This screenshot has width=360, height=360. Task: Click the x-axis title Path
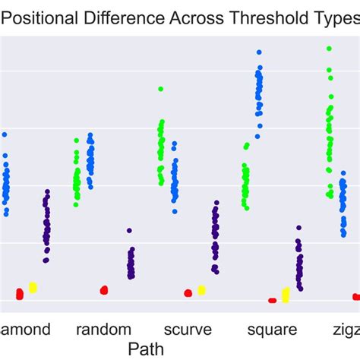(144, 349)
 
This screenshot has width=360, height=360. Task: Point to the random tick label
(104, 330)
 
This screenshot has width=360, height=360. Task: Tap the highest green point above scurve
(160, 89)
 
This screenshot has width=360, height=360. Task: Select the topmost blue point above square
(259, 52)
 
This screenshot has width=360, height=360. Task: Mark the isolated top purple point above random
(130, 230)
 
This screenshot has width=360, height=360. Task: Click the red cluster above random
(104, 289)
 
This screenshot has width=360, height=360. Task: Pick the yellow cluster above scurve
(201, 289)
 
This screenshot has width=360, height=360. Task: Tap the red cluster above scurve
(188, 292)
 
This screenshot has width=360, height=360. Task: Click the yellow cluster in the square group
(286, 294)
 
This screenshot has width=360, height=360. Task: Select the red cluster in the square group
(272, 300)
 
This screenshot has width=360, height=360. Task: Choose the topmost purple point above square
(298, 227)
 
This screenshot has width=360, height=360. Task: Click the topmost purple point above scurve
(216, 203)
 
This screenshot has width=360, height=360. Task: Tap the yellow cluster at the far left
(33, 287)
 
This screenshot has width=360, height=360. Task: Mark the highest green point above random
(77, 141)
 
